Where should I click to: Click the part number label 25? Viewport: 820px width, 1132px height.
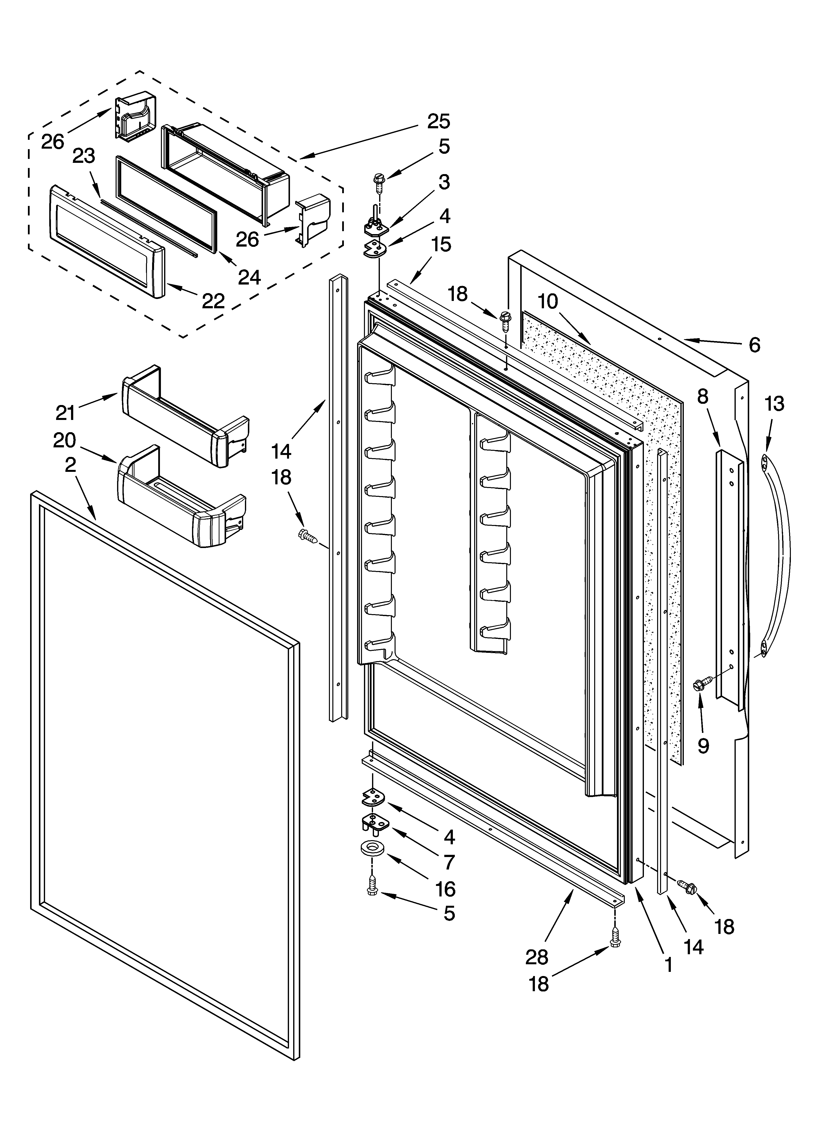click(x=438, y=121)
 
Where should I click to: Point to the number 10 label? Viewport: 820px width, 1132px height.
click(x=548, y=301)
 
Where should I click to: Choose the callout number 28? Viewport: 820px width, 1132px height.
click(x=537, y=957)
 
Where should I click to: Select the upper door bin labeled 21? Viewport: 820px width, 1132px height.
click(x=185, y=417)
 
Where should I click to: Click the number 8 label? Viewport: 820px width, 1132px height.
click(x=703, y=397)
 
